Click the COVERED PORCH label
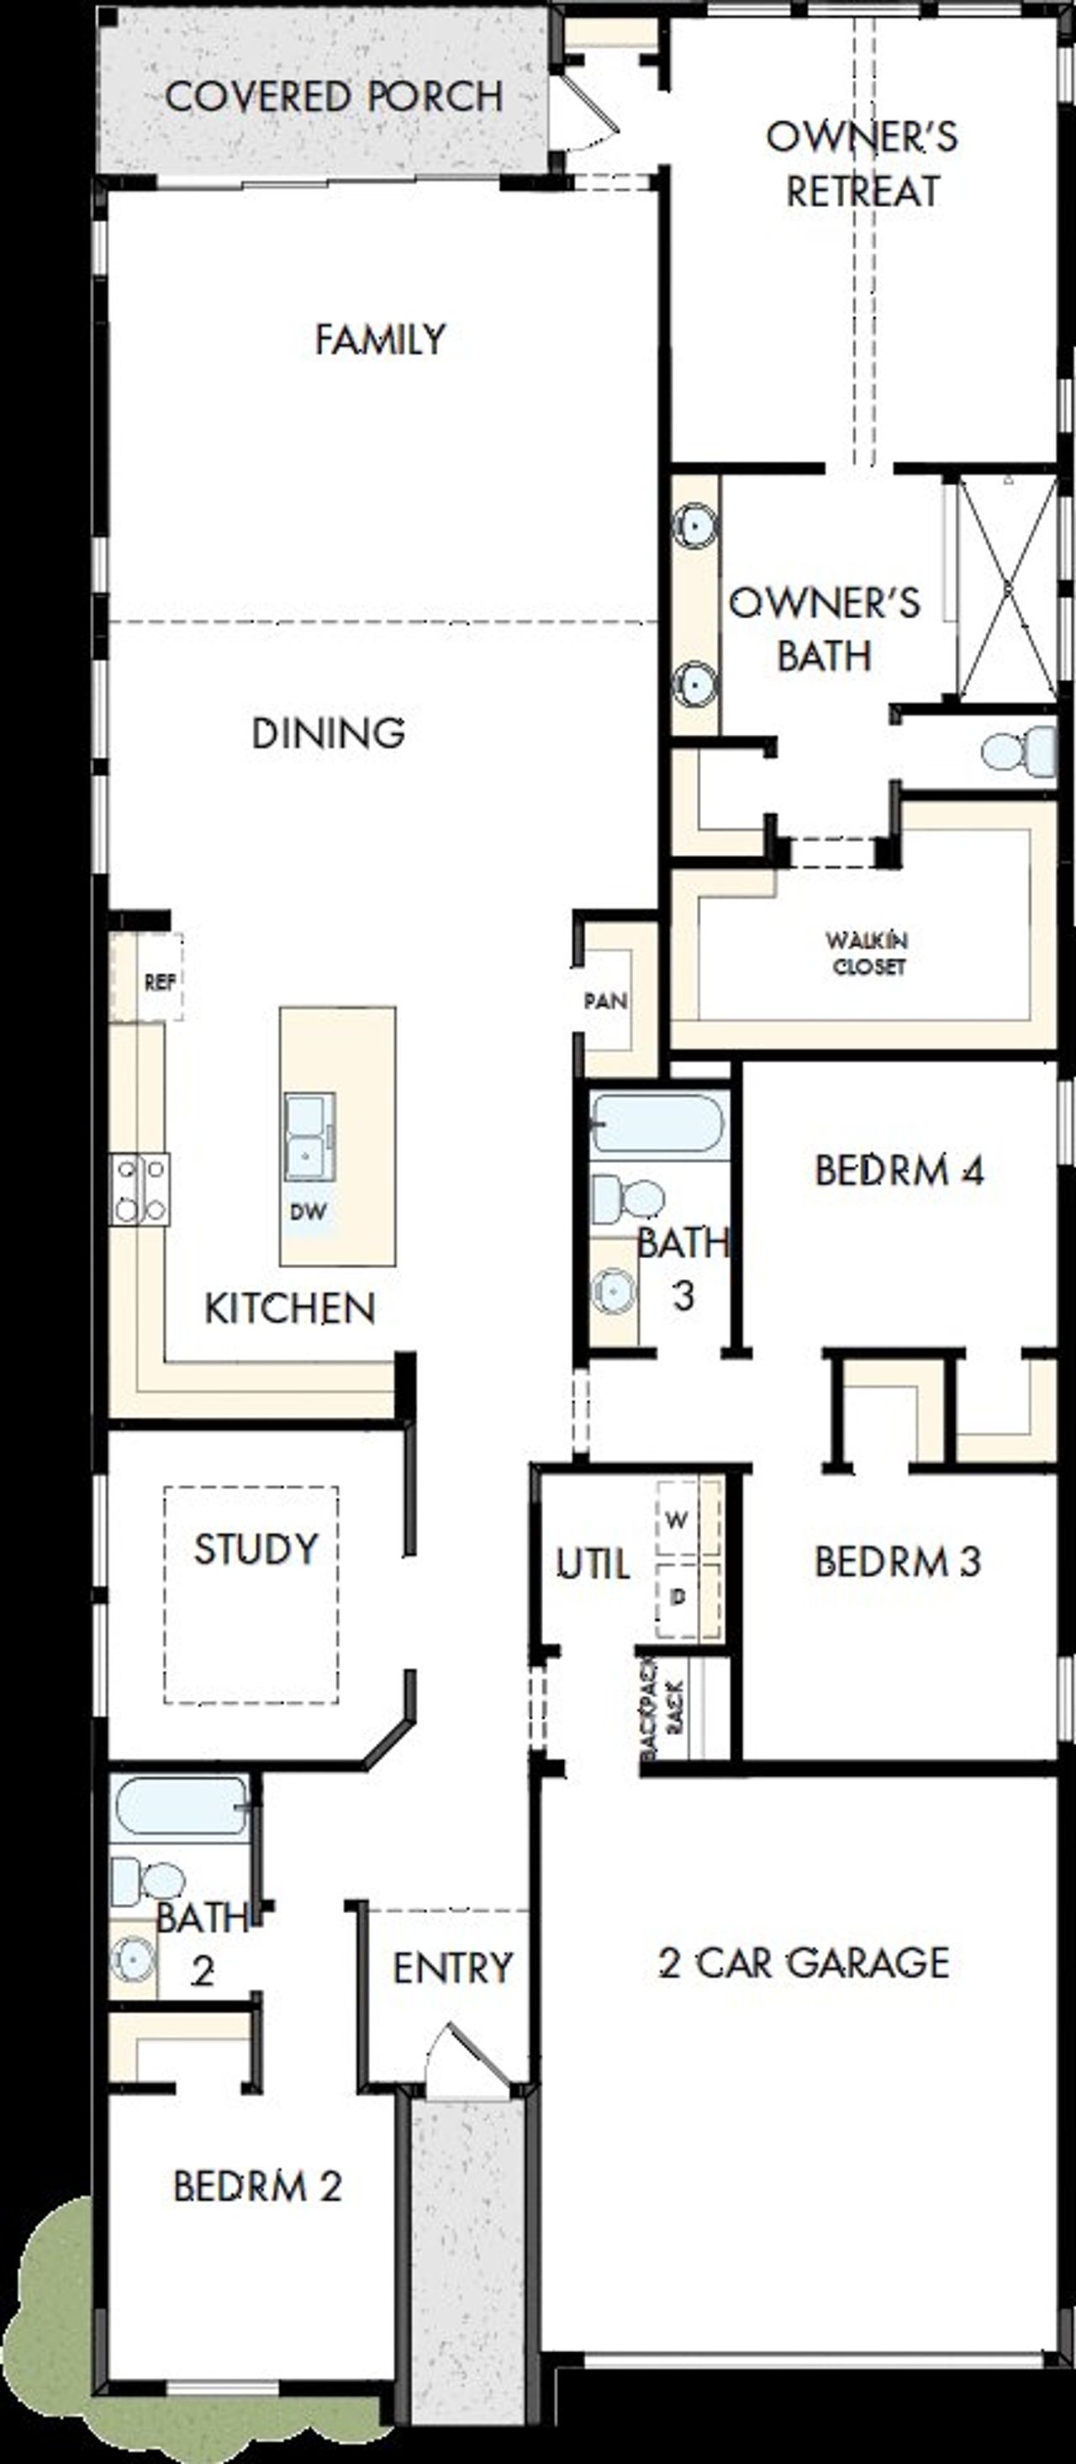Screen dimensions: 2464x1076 coord(334,97)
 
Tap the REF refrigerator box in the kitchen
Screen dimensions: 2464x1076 coord(158,981)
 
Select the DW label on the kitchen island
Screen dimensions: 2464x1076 coord(308,1212)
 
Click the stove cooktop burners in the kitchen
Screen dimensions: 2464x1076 coord(140,1189)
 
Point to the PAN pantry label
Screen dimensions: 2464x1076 coord(605,1002)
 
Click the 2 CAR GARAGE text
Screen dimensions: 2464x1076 coord(804,1963)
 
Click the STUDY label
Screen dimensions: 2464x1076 coord(256,1548)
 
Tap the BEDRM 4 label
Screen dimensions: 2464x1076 coord(899,1170)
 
